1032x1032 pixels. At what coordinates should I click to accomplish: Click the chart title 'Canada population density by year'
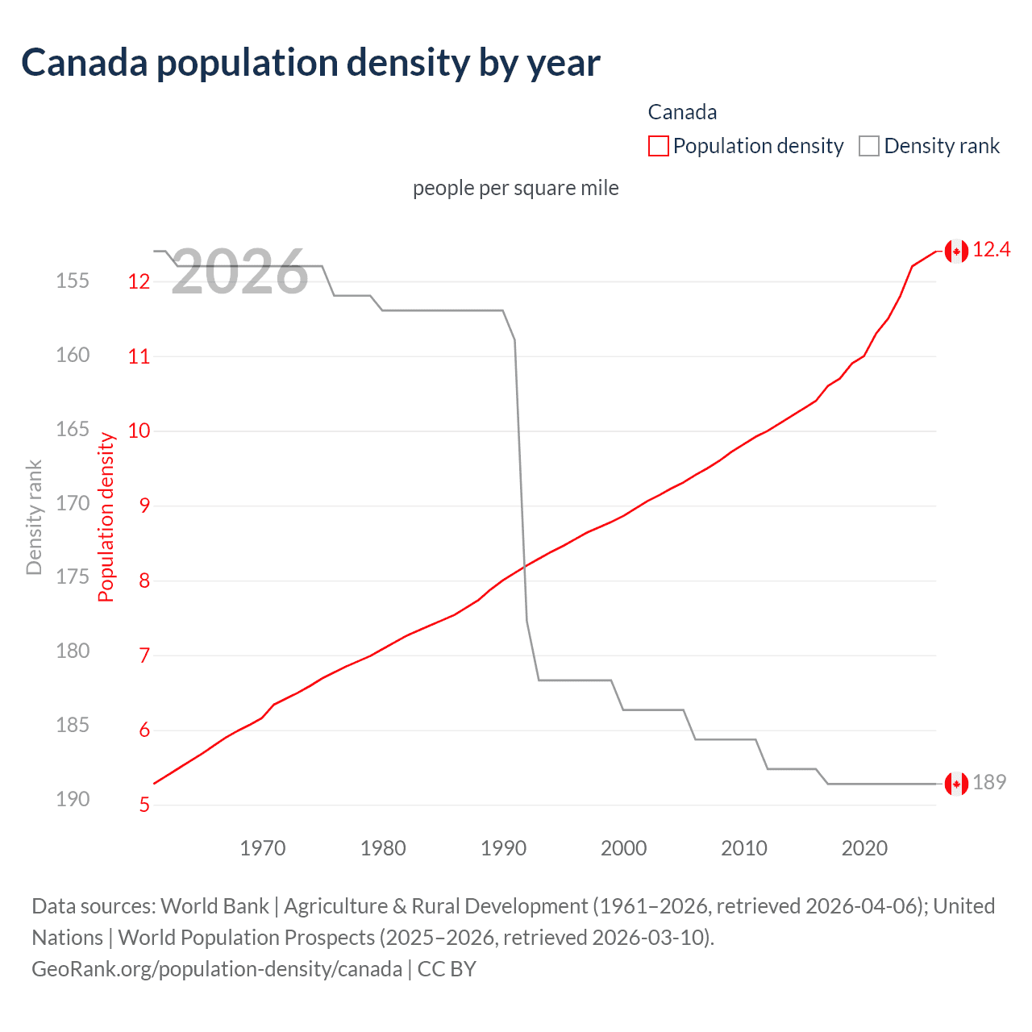click(310, 63)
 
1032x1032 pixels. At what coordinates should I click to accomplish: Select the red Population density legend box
click(658, 146)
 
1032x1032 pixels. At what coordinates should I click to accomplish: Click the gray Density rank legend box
click(868, 146)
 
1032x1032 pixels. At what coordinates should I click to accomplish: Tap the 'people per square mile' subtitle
click(516, 188)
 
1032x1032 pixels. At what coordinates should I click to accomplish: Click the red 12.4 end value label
click(991, 250)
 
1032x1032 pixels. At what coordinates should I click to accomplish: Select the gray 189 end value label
click(989, 783)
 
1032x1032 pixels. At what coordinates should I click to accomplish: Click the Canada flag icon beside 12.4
click(956, 252)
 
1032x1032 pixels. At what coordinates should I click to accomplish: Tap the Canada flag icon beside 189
click(956, 784)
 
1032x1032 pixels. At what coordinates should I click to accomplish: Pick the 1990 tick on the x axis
click(503, 848)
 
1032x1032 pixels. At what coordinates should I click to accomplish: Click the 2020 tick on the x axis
click(864, 848)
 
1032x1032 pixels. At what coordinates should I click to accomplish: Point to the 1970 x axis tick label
click(263, 848)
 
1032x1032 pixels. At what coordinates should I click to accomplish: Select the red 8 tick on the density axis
click(144, 581)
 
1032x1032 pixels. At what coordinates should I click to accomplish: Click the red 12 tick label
click(139, 281)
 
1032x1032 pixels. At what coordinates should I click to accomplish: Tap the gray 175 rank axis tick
click(73, 577)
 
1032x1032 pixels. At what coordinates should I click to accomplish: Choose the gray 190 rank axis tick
click(73, 799)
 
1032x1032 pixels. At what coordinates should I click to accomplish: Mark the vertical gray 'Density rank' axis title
click(34, 518)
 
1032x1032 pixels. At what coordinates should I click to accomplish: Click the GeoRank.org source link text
click(216, 968)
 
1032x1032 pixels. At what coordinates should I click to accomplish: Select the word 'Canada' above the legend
click(682, 112)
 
